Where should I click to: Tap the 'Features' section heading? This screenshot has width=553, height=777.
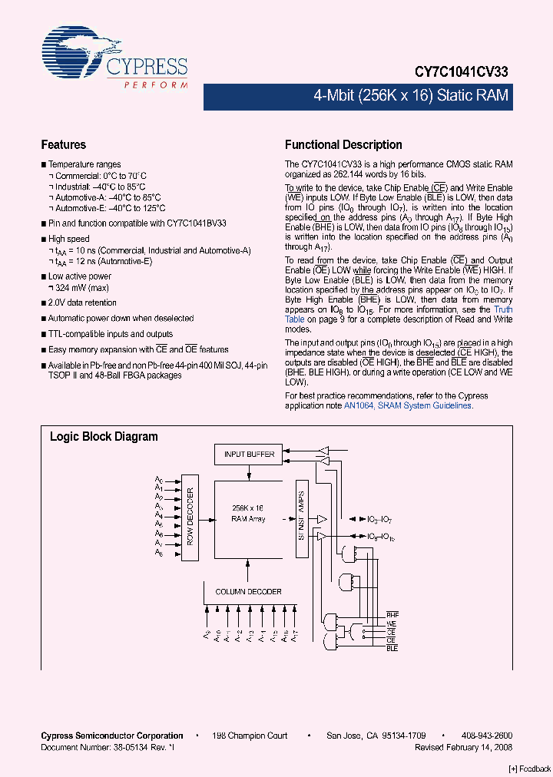63,144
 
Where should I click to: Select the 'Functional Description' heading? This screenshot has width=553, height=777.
343,144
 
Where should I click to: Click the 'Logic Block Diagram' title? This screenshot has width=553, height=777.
104,436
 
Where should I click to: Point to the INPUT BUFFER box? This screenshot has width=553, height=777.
249,454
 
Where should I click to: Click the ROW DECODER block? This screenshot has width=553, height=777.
190,516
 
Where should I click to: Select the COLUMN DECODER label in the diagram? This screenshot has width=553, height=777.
248,591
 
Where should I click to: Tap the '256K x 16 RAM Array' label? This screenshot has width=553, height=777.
247,514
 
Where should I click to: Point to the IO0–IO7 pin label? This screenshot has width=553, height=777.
380,521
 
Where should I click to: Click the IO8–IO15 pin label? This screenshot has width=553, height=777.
381,537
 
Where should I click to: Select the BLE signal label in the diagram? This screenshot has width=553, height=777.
392,649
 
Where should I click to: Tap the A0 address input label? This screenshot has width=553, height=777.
159,480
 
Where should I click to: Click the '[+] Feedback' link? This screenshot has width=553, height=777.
530,769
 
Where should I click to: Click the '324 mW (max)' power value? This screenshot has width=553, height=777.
79,286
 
